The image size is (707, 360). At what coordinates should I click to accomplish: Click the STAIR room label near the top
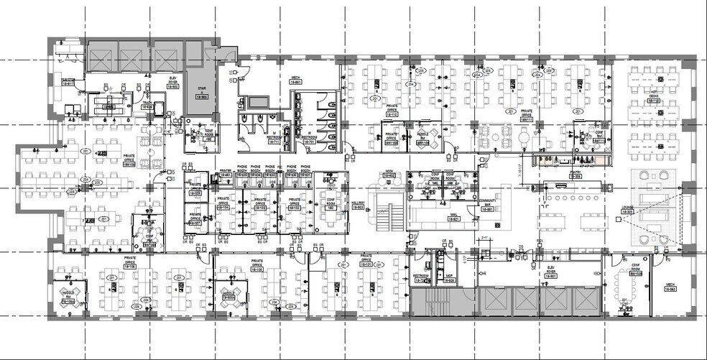(202, 93)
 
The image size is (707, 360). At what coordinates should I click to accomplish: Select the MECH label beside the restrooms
(295, 79)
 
